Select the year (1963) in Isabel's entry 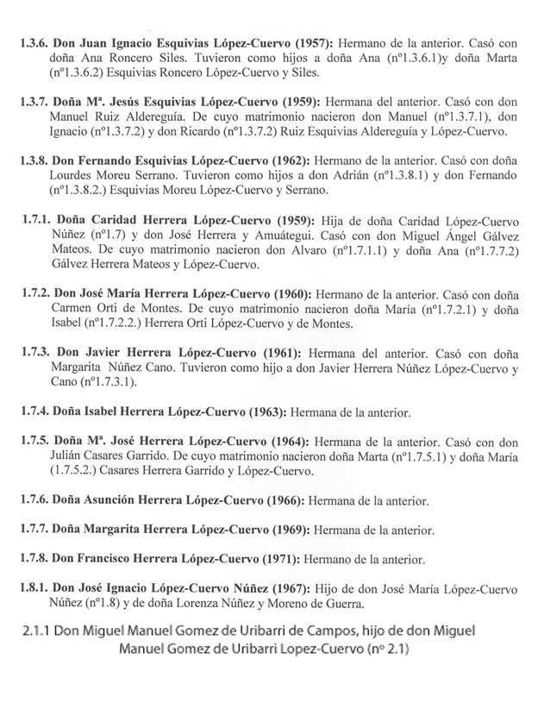tap(268, 410)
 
